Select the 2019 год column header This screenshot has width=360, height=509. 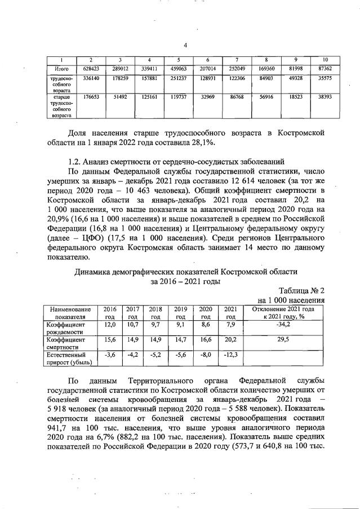point(180,313)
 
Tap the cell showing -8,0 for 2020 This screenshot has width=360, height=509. point(206,355)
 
